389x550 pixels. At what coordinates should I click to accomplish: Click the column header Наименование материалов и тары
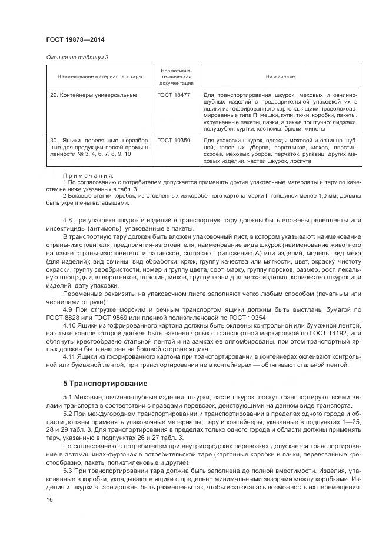[x=100, y=77]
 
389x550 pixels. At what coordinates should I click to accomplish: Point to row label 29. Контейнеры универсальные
[x=94, y=95]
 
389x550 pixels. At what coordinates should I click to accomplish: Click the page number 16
[x=49, y=499]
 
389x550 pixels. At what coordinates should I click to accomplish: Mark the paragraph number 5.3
[x=68, y=471]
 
